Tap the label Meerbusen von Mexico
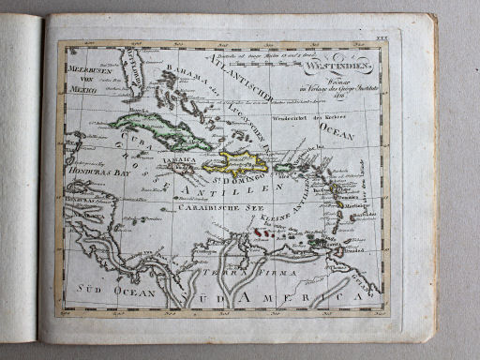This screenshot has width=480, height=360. click(87, 80)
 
